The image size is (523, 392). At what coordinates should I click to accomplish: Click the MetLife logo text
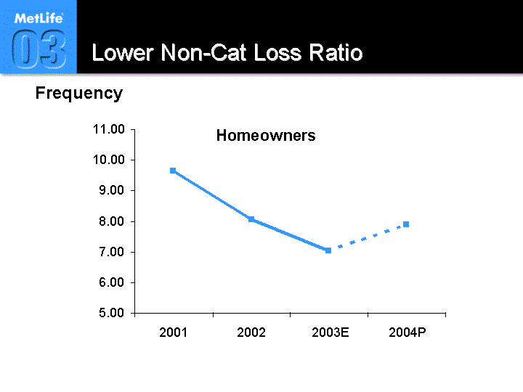[x=38, y=18]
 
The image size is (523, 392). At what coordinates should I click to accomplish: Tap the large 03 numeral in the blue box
[x=38, y=49]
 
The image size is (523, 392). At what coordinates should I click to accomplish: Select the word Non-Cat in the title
[x=203, y=53]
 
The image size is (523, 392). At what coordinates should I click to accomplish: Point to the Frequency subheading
[x=79, y=94]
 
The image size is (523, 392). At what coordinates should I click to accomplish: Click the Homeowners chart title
[x=266, y=135]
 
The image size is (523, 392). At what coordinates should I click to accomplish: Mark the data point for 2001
[x=173, y=171]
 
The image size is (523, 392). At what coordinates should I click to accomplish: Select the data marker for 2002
[x=251, y=219]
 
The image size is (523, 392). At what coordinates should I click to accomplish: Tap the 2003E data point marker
[x=328, y=250]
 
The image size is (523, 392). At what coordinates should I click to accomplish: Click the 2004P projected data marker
[x=406, y=224]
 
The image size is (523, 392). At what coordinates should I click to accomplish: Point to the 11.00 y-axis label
[x=109, y=129]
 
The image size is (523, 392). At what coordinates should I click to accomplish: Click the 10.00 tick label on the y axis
[x=109, y=160]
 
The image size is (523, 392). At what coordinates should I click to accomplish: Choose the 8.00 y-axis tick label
[x=111, y=221]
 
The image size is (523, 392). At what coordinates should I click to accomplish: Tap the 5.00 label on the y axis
[x=111, y=313]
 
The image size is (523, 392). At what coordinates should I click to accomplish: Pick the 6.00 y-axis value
[x=111, y=282]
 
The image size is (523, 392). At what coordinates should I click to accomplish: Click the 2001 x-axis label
[x=173, y=332]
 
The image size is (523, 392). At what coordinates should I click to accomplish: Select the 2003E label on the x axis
[x=331, y=332]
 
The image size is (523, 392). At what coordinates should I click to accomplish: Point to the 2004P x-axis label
[x=408, y=332]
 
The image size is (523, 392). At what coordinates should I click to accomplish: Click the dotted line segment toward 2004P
[x=367, y=237]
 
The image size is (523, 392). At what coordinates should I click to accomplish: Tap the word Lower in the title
[x=123, y=53]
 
